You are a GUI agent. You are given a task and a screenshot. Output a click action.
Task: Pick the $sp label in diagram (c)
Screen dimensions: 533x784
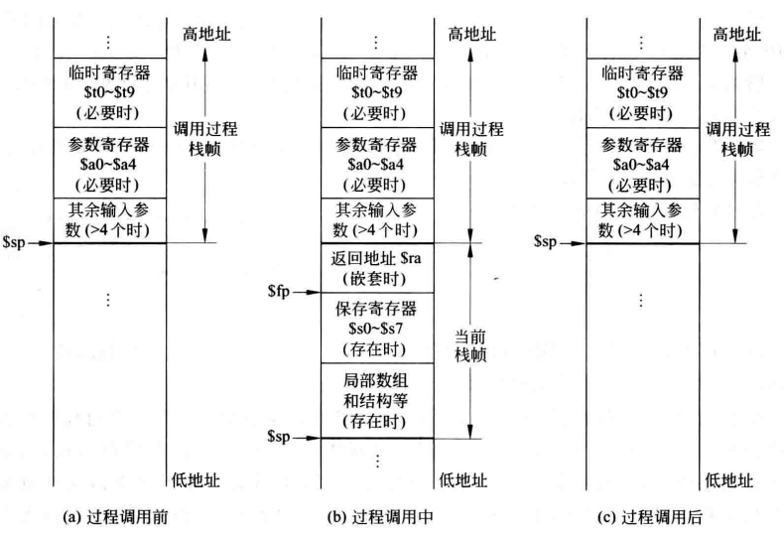point(549,241)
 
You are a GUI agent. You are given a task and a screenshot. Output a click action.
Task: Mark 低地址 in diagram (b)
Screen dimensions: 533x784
point(467,480)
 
